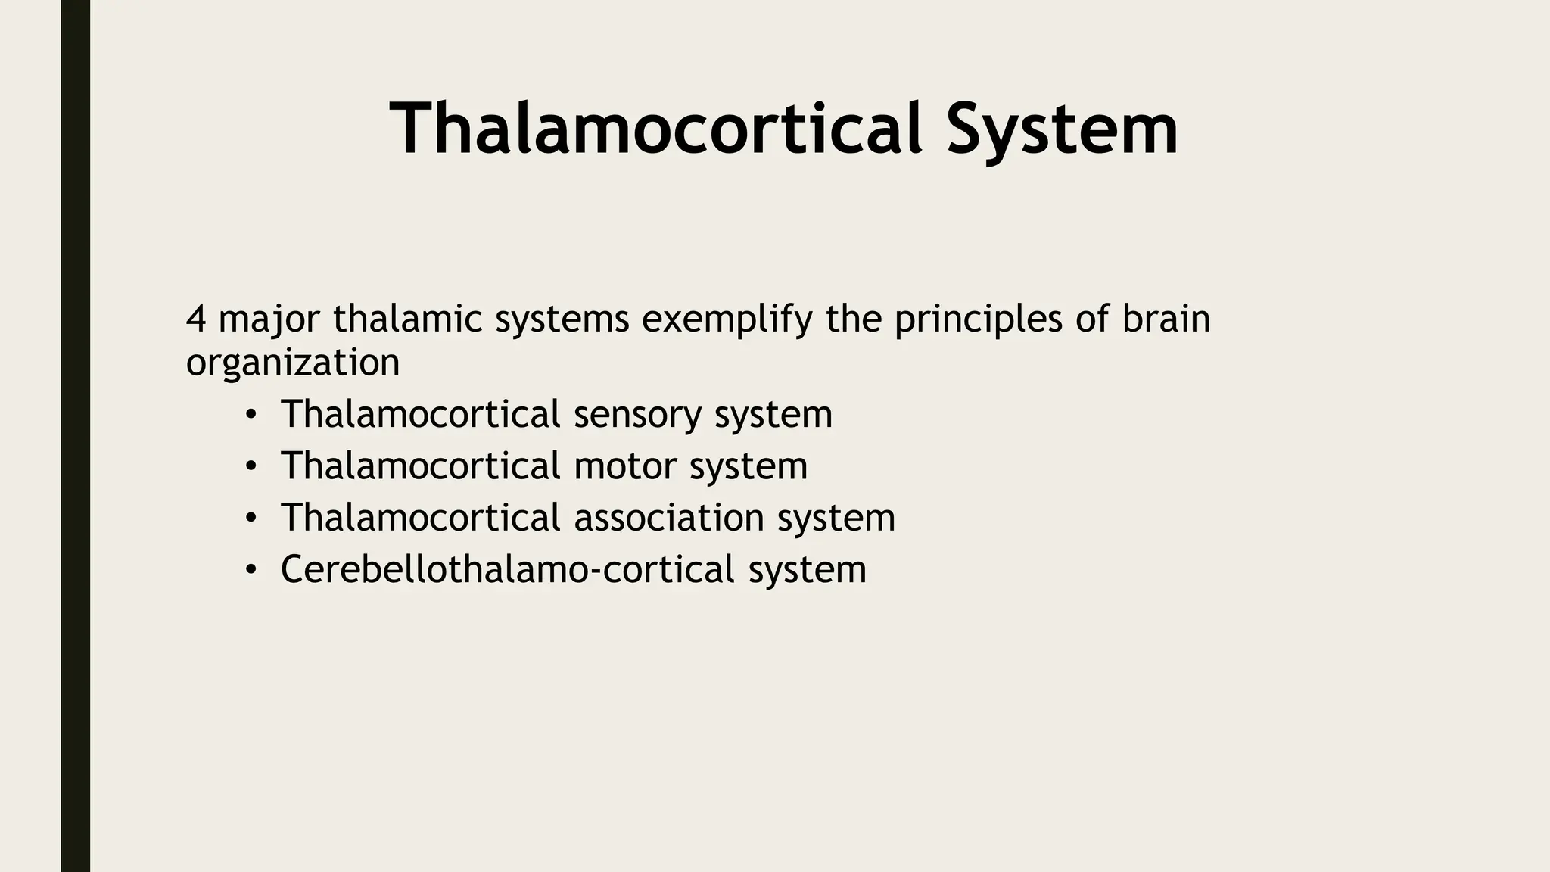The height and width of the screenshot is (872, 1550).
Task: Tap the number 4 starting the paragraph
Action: pyautogui.click(x=195, y=319)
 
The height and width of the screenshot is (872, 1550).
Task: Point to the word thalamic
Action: pyautogui.click(x=407, y=319)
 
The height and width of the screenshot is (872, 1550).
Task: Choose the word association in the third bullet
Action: pyautogui.click(x=669, y=518)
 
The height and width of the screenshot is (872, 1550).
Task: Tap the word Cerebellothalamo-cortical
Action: pyautogui.click(x=508, y=569)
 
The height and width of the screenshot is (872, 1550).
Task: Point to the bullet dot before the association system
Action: pyautogui.click(x=251, y=519)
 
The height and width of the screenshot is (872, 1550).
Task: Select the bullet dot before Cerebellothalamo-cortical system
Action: pyautogui.click(x=251, y=570)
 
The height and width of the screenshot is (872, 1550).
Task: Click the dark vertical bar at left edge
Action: pyautogui.click(x=75, y=436)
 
